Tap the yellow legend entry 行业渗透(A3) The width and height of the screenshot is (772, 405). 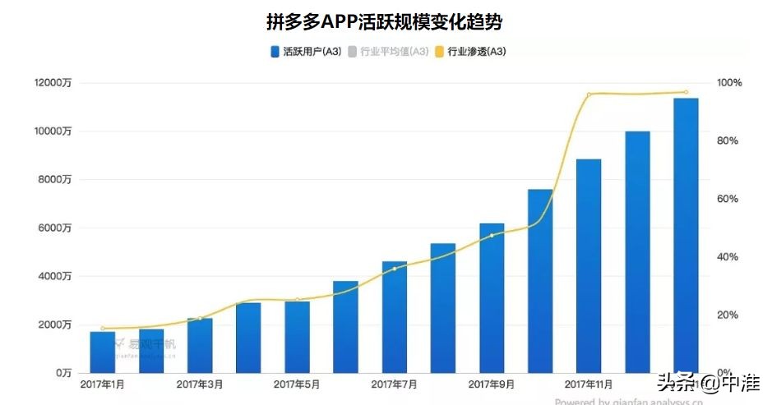[476, 52]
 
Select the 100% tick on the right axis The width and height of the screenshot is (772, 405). [729, 83]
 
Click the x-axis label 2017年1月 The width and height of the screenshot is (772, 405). [102, 384]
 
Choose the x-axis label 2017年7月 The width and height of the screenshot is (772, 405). [394, 384]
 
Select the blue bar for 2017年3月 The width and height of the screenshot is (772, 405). [200, 345]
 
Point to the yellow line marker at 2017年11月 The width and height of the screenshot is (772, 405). [589, 94]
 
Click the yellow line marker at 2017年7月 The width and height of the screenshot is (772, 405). [394, 269]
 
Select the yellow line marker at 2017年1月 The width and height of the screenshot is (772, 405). [103, 329]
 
